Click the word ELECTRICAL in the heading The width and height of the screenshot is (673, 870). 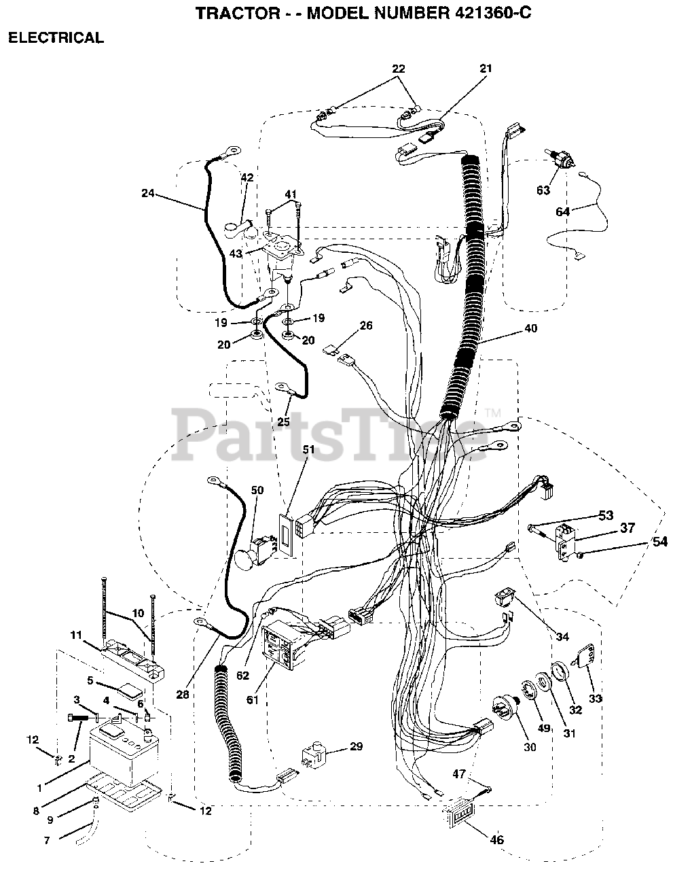coord(56,38)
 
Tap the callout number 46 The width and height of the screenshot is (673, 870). coord(497,839)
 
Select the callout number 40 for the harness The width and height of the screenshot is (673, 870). coord(530,328)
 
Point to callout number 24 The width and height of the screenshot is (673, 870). coord(148,194)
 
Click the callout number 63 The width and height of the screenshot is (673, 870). coord(543,190)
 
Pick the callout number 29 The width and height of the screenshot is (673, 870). coord(355,747)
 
